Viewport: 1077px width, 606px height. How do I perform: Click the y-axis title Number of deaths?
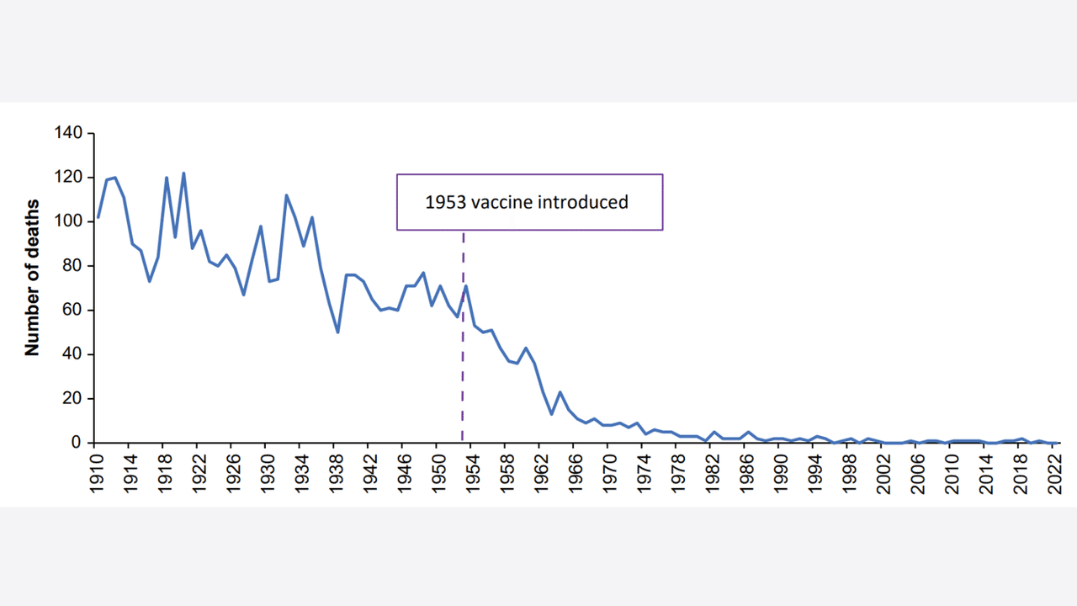coord(33,278)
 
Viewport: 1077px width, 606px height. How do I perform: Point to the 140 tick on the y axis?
coord(69,133)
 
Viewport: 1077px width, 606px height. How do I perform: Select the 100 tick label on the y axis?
coord(69,221)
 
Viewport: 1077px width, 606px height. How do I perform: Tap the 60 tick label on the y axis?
coord(73,310)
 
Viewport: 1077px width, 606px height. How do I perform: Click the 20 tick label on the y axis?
coord(73,398)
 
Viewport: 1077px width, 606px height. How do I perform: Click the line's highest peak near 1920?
coord(183,173)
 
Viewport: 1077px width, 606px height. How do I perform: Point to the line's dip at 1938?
coord(337,332)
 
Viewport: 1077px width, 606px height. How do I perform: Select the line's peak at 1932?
coord(286,195)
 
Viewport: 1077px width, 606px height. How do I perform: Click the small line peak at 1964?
coord(560,392)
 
